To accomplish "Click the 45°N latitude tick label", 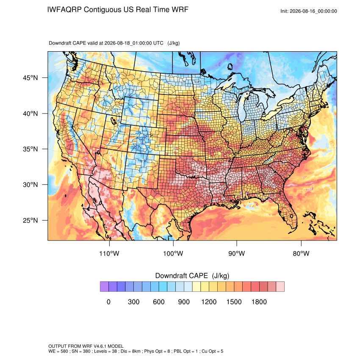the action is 30,78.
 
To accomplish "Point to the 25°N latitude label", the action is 30,220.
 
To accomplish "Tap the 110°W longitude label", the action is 109,254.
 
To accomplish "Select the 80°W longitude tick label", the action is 301,254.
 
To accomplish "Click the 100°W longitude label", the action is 173,254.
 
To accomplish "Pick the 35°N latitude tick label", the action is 30,149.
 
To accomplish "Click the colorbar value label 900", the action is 184,302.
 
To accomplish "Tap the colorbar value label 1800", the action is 259,302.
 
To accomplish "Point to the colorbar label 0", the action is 108,302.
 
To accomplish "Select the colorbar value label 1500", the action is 234,302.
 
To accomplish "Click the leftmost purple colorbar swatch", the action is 104,287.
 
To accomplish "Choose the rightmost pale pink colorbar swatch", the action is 280,287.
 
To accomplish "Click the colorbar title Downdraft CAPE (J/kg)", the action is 192,276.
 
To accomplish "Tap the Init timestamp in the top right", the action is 309,11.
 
